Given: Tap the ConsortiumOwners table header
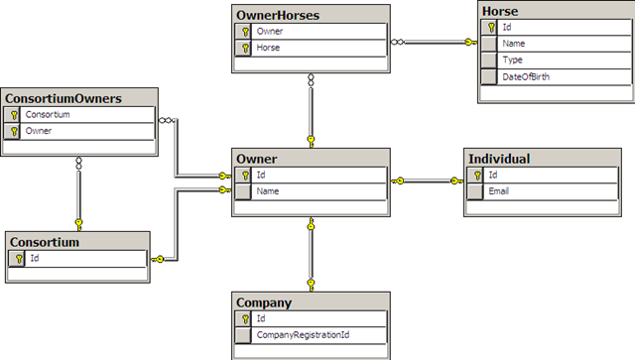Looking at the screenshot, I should (x=63, y=98).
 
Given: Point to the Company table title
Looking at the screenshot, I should (x=264, y=302).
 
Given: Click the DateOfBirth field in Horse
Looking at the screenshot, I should (x=525, y=75).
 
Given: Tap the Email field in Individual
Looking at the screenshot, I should (x=501, y=191).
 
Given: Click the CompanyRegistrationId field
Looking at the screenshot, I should (x=299, y=335).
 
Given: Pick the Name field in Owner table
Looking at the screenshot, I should (x=267, y=191).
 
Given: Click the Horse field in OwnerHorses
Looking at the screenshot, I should (x=269, y=48).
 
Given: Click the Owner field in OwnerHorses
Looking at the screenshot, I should (x=270, y=32).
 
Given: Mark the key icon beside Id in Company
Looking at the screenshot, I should (x=243, y=319).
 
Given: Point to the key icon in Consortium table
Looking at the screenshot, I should (x=16, y=258).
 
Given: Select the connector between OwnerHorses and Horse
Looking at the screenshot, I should (x=435, y=43).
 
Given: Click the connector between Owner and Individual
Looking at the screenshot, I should (x=428, y=180).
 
